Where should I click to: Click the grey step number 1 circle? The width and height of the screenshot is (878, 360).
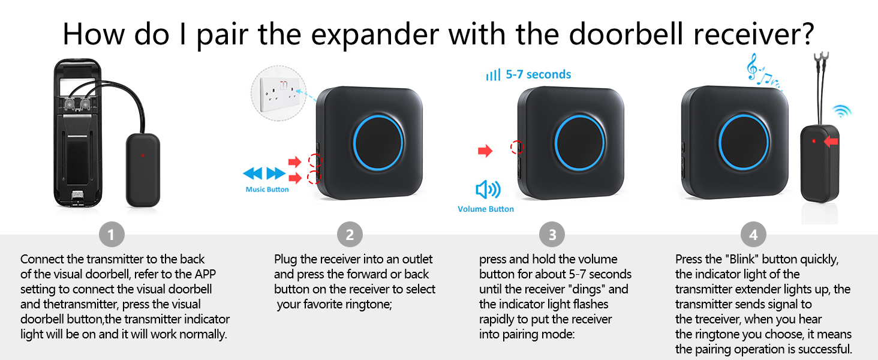(x=112, y=235)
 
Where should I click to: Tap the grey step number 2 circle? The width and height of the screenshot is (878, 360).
(x=350, y=235)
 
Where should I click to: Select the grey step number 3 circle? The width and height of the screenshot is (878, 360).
(x=552, y=235)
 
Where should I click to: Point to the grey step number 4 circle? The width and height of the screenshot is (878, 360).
(x=753, y=235)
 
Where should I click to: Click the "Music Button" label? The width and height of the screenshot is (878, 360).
(x=267, y=190)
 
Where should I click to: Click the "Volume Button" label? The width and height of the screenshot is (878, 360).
(x=485, y=209)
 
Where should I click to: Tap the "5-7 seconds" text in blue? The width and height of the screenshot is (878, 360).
(x=538, y=75)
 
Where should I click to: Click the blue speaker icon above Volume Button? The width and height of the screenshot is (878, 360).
(x=488, y=190)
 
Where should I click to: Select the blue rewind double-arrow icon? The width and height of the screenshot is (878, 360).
(x=252, y=174)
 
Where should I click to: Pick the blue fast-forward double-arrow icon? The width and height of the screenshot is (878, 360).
(x=276, y=174)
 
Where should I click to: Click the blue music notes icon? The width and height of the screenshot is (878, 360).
(x=760, y=72)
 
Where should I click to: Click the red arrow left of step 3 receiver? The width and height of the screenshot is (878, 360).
(x=485, y=151)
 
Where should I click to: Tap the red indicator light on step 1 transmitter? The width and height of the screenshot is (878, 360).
(x=143, y=155)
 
